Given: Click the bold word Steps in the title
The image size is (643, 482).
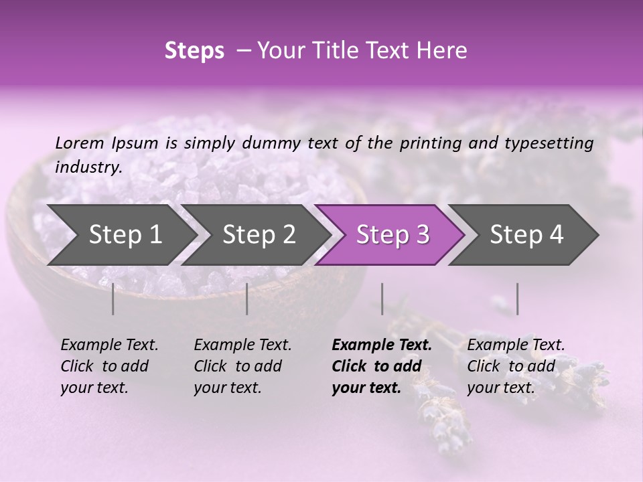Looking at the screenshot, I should pos(194,50).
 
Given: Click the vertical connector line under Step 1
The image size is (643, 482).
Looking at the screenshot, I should pos(113,299).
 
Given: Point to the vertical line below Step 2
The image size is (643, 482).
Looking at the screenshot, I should pos(247,299).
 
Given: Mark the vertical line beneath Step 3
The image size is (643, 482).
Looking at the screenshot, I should pos(382,299).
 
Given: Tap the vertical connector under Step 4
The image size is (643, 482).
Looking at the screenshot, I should pos(517,299).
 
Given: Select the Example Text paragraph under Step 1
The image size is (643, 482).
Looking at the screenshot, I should pos(109,366).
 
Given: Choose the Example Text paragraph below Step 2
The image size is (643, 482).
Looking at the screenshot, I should pos(242,366).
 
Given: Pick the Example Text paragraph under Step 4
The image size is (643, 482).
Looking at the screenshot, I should pos(515,366).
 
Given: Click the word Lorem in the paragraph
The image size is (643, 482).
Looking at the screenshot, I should pos(79,143).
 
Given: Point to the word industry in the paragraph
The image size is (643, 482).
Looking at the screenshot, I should pos(88,167).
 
